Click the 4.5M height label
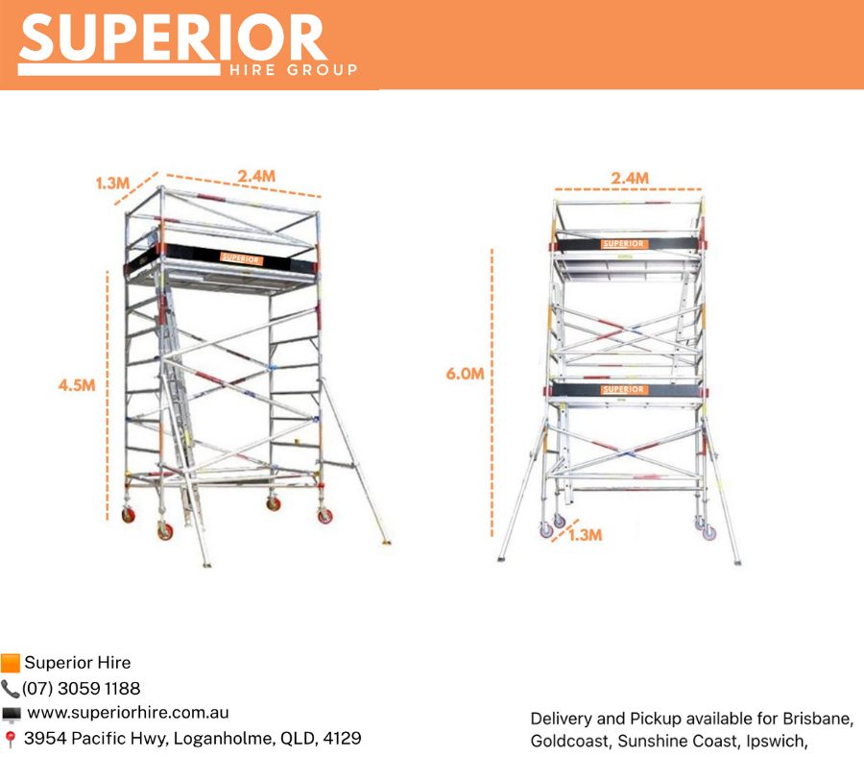(x=77, y=385)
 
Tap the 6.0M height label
(x=465, y=374)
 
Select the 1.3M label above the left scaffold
(x=112, y=183)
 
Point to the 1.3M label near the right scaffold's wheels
(x=586, y=535)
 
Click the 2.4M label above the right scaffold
(x=629, y=178)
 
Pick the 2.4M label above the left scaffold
(x=256, y=176)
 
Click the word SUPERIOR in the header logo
(x=173, y=37)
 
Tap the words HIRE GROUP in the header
(x=294, y=70)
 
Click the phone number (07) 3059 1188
(x=81, y=688)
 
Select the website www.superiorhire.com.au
(x=128, y=713)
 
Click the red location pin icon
(x=10, y=739)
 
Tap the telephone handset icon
(x=10, y=689)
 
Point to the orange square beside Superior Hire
(x=11, y=663)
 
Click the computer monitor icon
(x=11, y=715)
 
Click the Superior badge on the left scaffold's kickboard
(x=240, y=258)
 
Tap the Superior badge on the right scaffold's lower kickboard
(x=623, y=389)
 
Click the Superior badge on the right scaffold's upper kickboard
(x=623, y=244)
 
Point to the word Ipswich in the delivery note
(x=777, y=742)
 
